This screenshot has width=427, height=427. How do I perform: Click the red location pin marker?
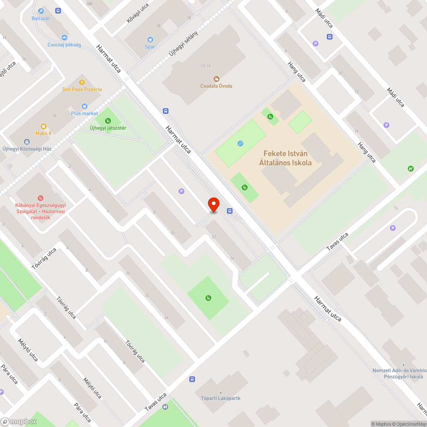pos(213,205)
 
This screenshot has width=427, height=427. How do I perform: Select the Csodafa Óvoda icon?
pos(216,79)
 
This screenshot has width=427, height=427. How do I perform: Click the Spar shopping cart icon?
pos(150,39)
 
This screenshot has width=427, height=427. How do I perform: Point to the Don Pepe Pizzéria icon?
pos(82,82)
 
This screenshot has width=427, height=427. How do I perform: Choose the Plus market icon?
pos(85,106)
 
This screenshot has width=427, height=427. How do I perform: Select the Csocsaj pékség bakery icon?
pos(64,38)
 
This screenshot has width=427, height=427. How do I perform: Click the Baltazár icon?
pos(41,11)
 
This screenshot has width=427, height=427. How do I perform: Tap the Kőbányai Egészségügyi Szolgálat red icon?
pos(41,198)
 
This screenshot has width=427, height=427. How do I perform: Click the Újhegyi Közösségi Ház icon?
pos(27,141)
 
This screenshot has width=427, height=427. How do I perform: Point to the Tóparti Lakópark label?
pos(221,398)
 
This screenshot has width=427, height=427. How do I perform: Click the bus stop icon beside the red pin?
pos(230,211)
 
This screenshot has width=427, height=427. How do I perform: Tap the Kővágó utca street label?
pos(137,13)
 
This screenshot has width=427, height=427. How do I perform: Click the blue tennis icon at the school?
pos(240,143)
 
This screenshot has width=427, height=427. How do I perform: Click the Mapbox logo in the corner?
pos(19,421)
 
